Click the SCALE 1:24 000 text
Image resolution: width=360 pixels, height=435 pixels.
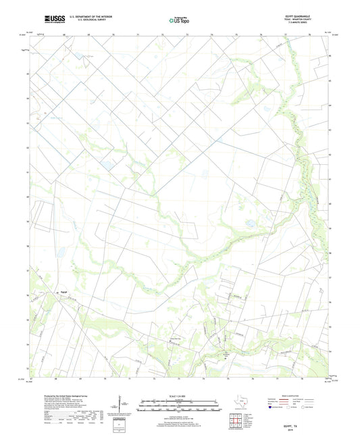click(x=180, y=395)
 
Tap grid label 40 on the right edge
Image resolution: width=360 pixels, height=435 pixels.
click(x=330, y=203)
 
